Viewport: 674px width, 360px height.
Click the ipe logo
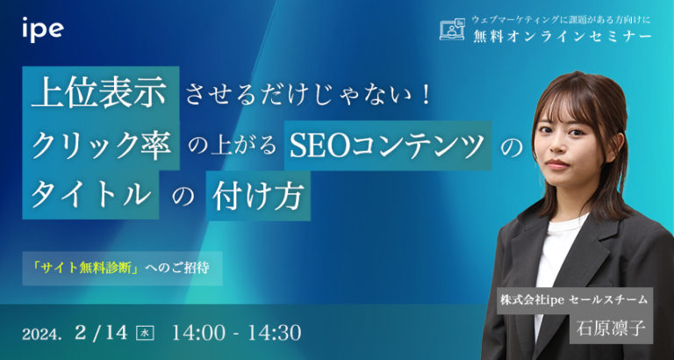42,30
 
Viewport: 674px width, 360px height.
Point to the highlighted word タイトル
89,195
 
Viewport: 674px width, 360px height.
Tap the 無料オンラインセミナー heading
561,36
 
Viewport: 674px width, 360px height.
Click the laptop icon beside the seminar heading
451,29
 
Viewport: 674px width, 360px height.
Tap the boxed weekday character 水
147,334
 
